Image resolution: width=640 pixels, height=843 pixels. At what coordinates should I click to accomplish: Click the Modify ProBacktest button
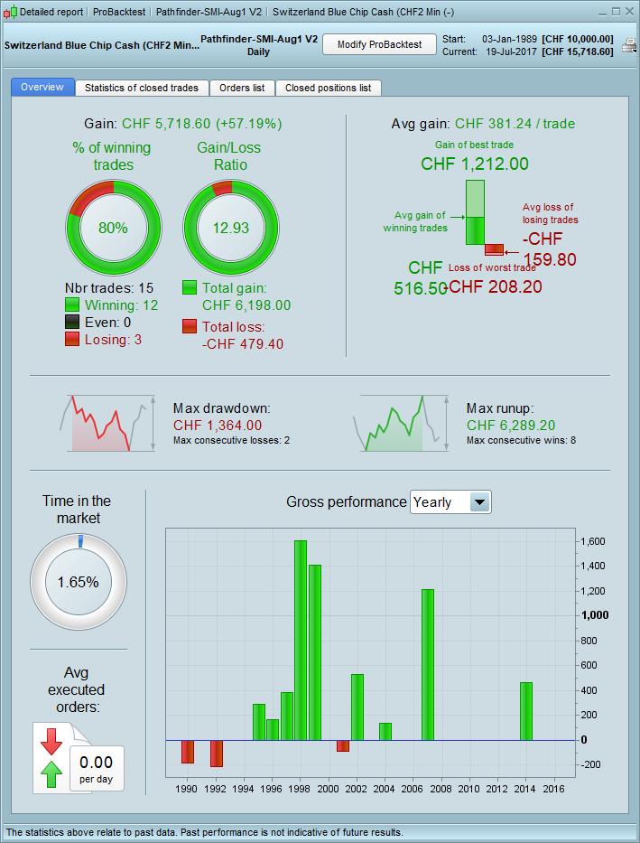coord(379,45)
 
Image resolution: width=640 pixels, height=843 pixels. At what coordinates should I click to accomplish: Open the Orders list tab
coord(242,88)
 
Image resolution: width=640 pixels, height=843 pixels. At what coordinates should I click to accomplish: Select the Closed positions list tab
coord(328,88)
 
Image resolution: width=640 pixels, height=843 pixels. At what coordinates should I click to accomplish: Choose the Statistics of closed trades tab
coord(142,88)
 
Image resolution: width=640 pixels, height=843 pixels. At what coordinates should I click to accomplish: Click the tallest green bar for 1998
coord(301,640)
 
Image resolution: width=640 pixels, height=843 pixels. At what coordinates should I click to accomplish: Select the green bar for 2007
coord(428,664)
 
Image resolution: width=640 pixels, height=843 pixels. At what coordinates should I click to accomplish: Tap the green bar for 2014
coord(526,710)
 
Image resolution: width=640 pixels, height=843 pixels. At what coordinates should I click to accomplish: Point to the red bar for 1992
coord(217,753)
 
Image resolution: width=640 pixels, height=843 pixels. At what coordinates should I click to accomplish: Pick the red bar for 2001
coord(343,745)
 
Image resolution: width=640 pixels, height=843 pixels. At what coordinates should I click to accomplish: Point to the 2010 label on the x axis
coord(469,789)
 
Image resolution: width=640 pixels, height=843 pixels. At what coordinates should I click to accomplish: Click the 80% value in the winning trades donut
coord(114,228)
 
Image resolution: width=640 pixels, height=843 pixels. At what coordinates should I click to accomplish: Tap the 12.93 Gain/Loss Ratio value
coord(230,228)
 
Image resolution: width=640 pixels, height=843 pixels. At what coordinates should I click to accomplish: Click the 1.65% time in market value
coord(78,582)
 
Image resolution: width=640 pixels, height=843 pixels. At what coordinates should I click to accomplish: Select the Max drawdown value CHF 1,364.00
coord(218,425)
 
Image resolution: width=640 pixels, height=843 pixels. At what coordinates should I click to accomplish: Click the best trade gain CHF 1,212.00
coord(475,164)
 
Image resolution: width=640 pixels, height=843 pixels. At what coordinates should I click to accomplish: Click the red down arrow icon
coord(51,740)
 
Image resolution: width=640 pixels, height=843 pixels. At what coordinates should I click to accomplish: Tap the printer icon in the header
coord(628,45)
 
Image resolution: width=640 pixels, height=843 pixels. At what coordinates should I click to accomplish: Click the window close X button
coord(628,12)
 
